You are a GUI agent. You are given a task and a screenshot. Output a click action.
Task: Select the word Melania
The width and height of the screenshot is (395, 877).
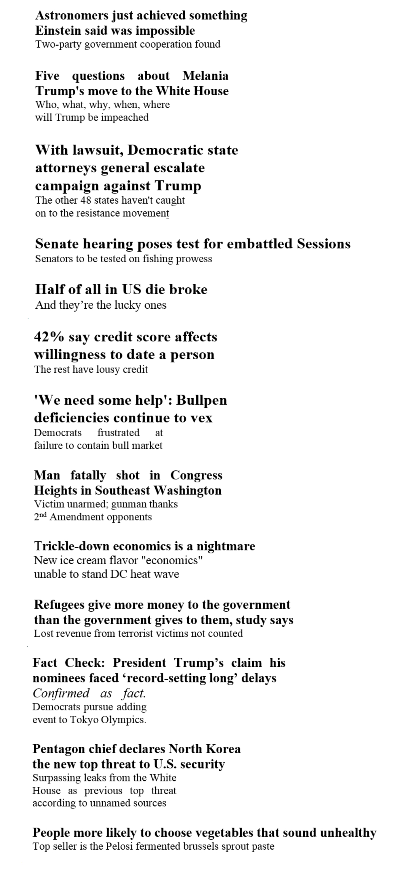(x=205, y=76)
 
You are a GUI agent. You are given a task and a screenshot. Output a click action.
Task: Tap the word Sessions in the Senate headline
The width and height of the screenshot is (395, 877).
(x=323, y=244)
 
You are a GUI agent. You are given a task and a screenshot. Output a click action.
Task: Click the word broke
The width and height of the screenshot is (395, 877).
(x=188, y=290)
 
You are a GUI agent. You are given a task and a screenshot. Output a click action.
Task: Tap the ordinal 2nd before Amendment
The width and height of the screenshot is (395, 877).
(x=40, y=517)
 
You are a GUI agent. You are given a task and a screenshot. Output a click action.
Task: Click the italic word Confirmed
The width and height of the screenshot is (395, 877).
(x=61, y=693)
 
